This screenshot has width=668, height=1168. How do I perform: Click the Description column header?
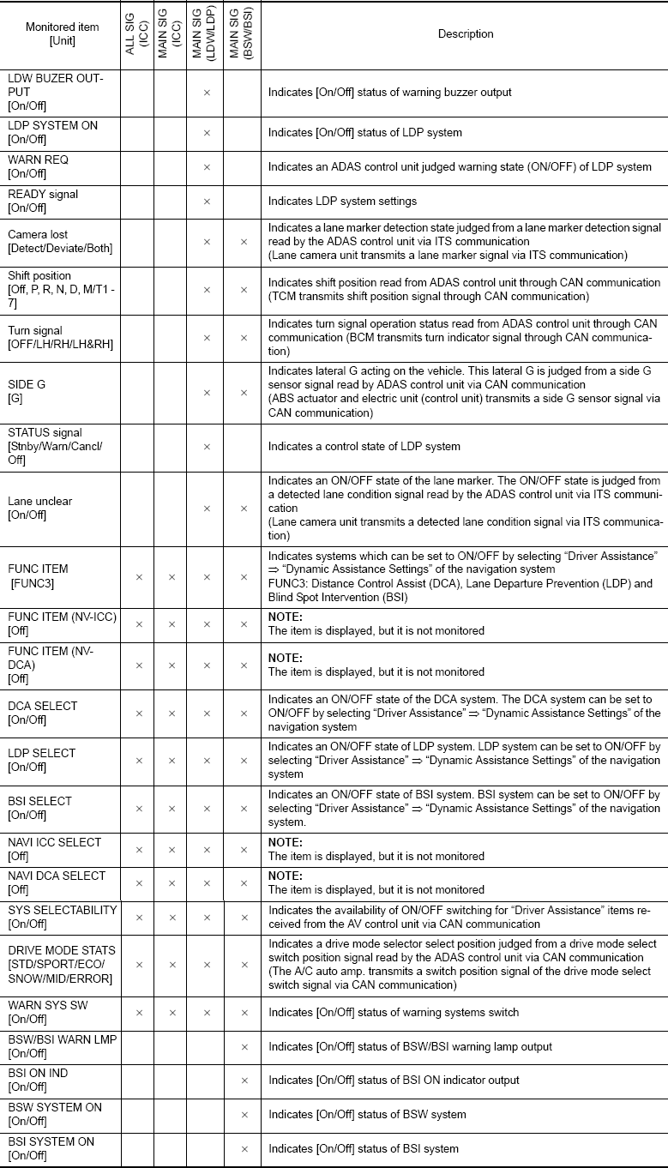point(466,34)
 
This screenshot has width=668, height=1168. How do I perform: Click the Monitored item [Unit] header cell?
point(62,34)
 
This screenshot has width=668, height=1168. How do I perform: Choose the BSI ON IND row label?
point(39,1080)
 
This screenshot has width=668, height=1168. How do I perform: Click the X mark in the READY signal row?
point(207,202)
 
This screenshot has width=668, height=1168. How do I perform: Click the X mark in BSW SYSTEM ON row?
point(244,1115)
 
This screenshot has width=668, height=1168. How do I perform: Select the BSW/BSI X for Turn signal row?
point(244,338)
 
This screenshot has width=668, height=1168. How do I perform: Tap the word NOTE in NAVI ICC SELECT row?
point(286,843)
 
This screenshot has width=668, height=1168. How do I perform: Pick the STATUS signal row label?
point(45,446)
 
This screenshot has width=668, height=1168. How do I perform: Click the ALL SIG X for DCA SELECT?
point(138,713)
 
